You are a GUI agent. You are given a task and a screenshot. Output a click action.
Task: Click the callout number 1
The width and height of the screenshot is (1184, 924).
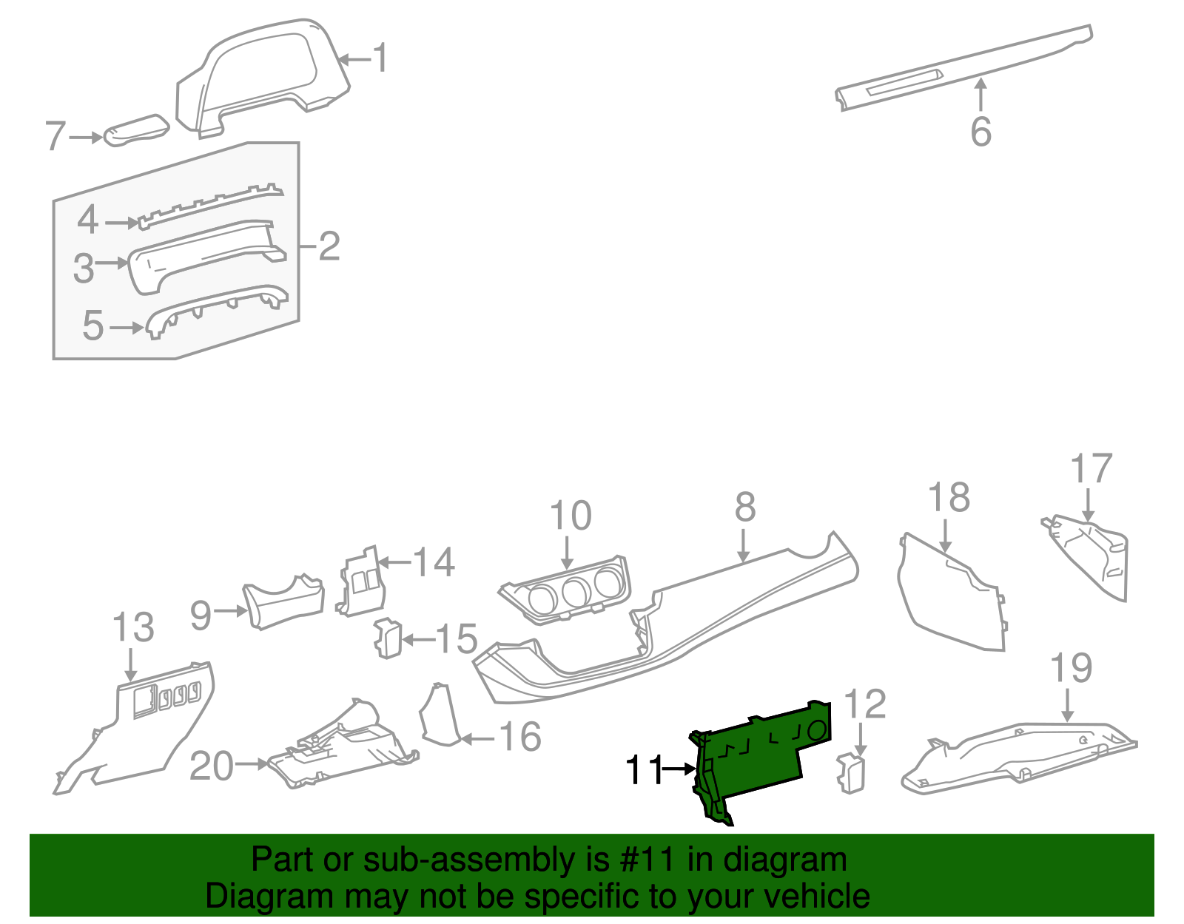pos(380,58)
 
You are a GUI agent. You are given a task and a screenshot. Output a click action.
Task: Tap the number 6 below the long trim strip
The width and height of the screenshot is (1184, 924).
pos(980,132)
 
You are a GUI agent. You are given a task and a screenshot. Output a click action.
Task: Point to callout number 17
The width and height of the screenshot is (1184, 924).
pos(1091,469)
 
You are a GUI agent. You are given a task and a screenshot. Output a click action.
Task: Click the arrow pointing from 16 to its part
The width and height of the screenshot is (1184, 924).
pos(477,738)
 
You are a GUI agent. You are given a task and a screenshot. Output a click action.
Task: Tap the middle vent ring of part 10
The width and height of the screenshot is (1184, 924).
pos(575,591)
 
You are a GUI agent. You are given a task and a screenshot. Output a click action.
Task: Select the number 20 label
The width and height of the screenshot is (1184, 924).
pos(212,766)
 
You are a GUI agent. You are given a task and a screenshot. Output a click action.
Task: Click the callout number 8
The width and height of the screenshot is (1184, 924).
pos(745,507)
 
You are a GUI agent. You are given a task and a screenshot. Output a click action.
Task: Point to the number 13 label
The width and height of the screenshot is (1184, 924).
pos(133,628)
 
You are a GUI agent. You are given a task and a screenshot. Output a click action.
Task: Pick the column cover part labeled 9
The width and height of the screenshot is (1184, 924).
pos(285,603)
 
